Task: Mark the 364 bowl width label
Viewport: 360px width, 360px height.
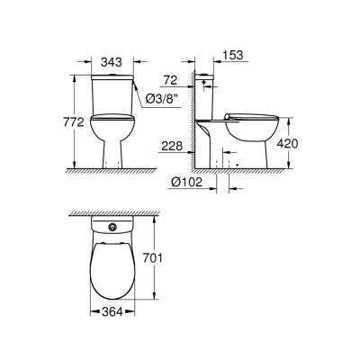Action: [x=113, y=313]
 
